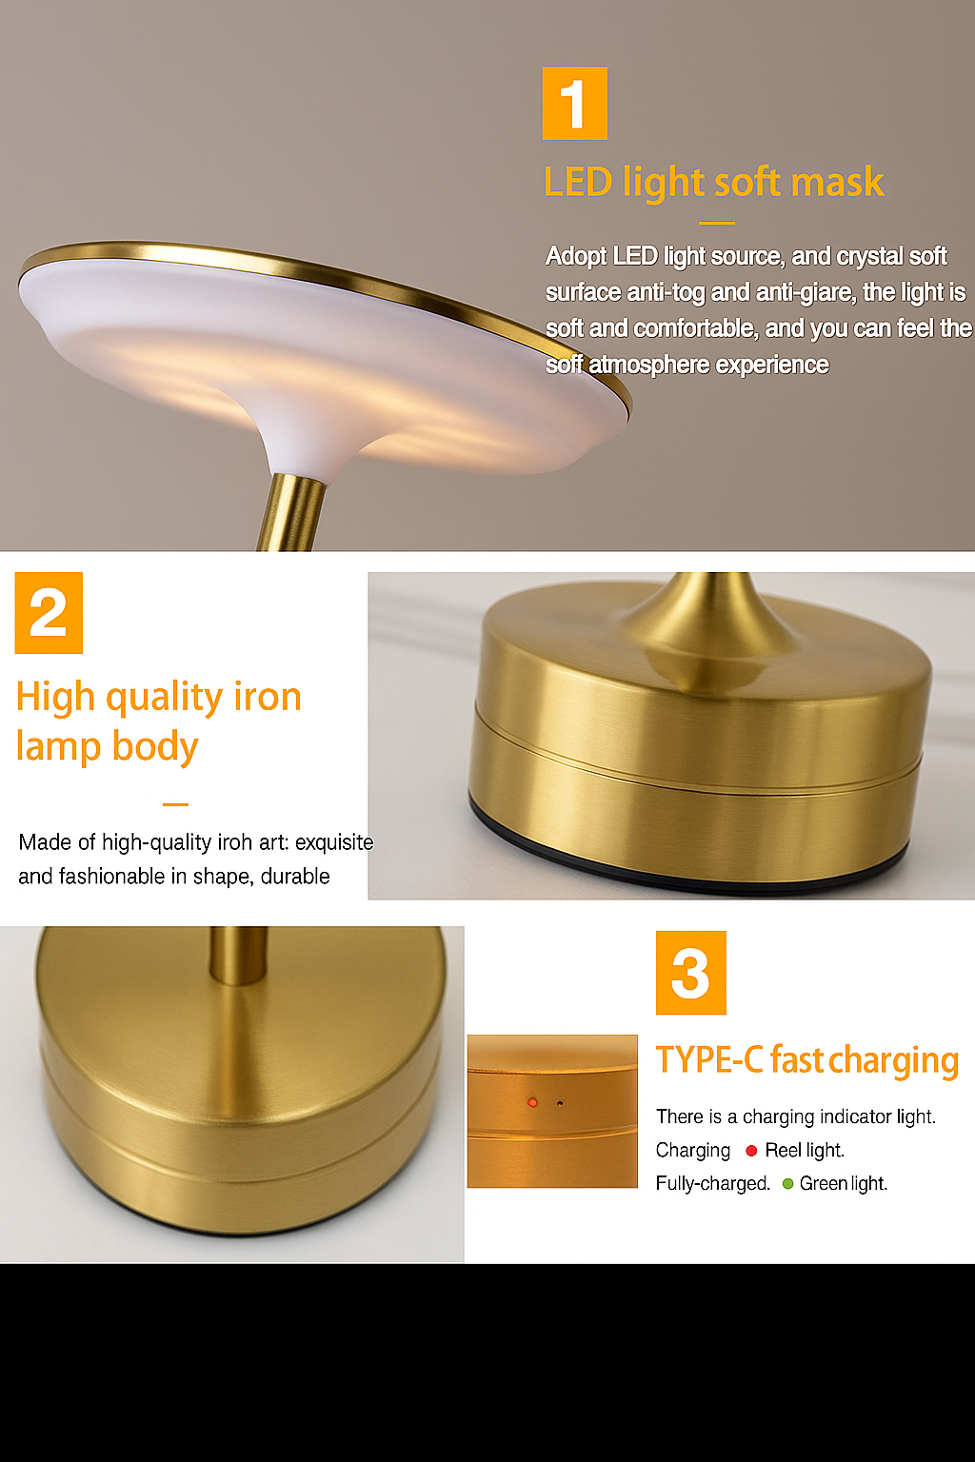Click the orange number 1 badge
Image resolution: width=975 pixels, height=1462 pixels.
574,104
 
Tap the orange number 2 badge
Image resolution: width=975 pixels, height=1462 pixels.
49,613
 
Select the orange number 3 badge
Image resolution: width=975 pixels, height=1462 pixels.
690,973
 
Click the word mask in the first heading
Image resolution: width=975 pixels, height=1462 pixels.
837,182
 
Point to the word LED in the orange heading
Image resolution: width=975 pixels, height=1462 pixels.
578,182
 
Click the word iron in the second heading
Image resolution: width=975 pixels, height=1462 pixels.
268,697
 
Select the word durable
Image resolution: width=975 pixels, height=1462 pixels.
295,876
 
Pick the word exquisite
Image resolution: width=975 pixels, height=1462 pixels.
334,842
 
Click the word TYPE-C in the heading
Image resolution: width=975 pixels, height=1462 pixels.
709,1059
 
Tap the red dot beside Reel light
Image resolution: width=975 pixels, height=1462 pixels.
751,1151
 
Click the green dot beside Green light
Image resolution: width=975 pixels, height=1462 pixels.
787,1184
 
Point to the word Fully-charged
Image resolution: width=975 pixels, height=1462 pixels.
712,1184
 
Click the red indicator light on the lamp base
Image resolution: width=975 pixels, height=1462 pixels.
532,1102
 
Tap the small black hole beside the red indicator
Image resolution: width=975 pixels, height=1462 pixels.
559,1104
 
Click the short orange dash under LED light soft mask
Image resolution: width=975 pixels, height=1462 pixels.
717,224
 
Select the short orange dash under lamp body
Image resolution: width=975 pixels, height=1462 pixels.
175,804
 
